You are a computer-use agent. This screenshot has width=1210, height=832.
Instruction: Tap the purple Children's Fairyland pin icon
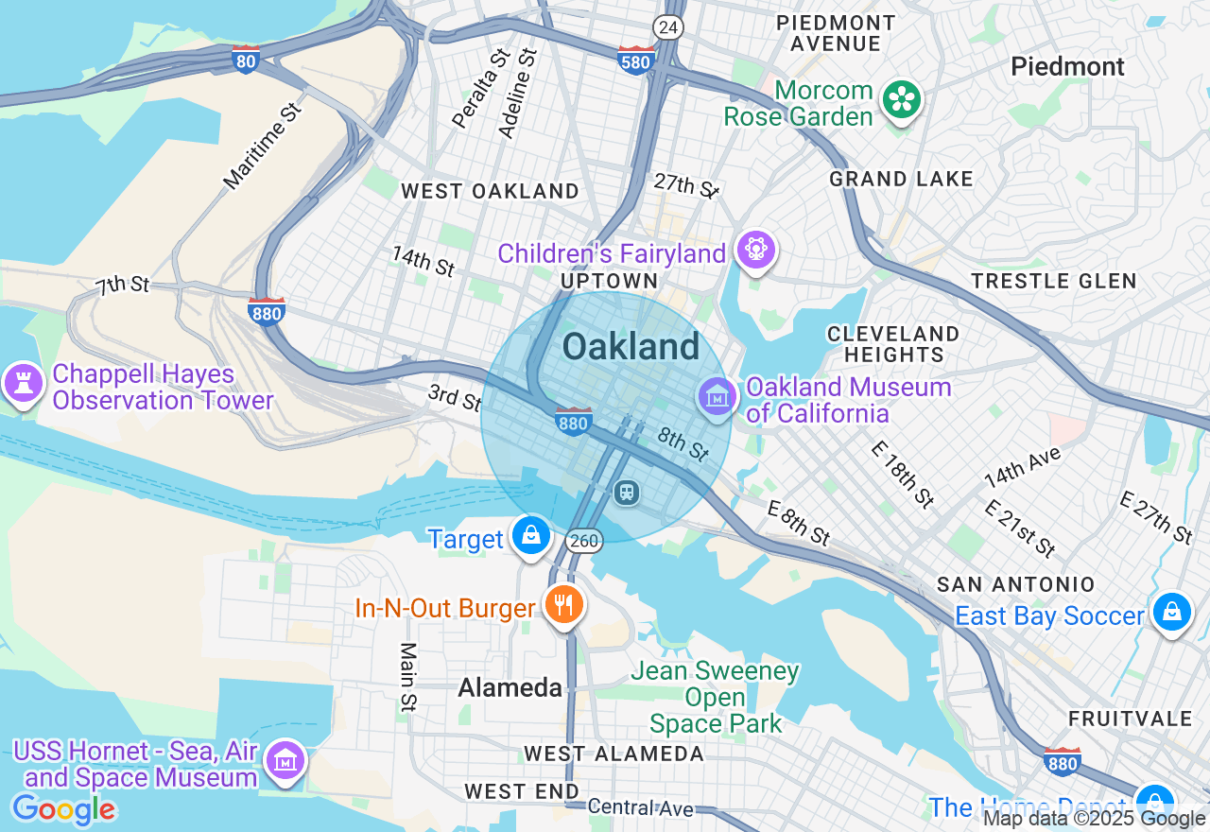point(757,251)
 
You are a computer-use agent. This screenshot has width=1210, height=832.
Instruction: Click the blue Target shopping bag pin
point(531,536)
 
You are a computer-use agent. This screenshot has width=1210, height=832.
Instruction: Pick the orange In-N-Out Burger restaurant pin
point(564,604)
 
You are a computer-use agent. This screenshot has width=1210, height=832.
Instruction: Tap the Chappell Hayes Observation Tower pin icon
point(24,384)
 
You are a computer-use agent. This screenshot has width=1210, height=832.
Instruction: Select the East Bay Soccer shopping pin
point(1171,613)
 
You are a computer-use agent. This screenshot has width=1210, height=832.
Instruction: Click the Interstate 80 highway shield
point(246,60)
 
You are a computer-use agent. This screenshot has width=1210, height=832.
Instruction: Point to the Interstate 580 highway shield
point(634,61)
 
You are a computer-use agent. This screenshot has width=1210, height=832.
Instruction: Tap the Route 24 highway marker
point(668,27)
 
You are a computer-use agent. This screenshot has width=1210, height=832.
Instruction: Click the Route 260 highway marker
point(584,541)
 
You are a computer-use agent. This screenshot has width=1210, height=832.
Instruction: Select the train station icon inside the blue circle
point(626,492)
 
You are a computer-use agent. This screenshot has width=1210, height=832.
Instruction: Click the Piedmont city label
point(1067,66)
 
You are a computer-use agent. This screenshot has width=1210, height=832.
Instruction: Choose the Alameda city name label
point(510,687)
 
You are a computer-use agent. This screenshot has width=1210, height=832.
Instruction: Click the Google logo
point(63,809)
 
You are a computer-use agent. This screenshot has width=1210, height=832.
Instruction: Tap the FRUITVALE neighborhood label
point(1130,719)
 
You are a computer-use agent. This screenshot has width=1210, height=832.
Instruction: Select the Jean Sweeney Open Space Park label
point(715,698)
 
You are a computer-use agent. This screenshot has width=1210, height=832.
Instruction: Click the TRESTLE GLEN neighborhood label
point(1053,281)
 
